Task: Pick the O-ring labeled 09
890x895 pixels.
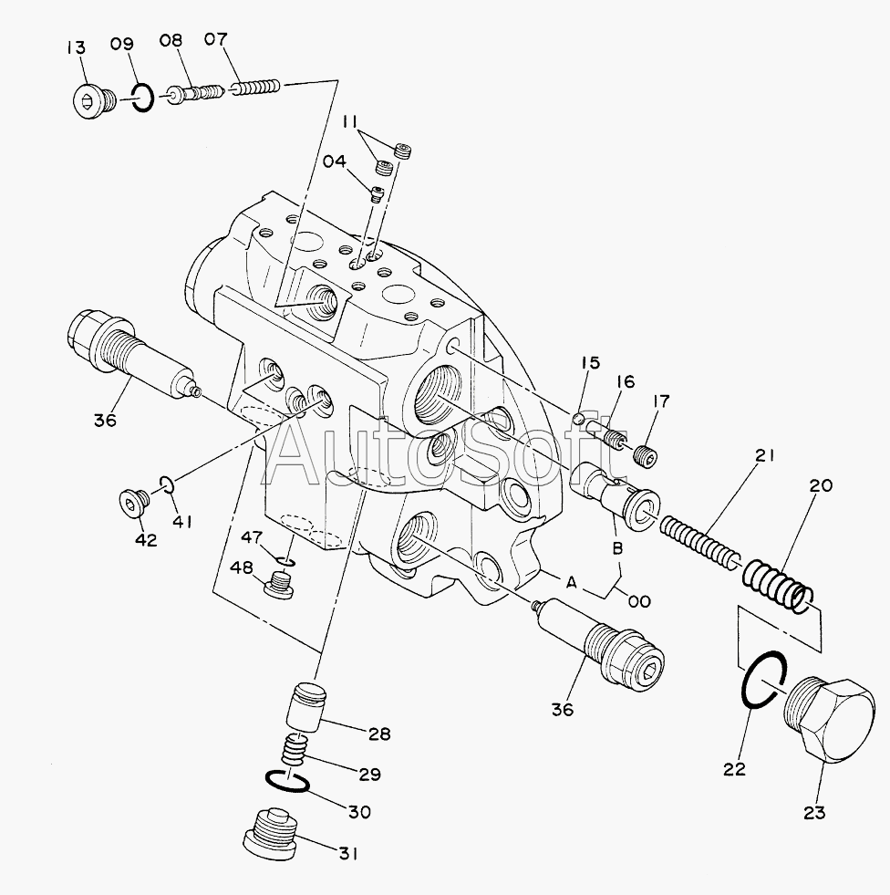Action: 140,97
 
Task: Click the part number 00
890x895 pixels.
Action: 638,600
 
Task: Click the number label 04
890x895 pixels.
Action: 334,162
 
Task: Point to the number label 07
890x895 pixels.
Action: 216,39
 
